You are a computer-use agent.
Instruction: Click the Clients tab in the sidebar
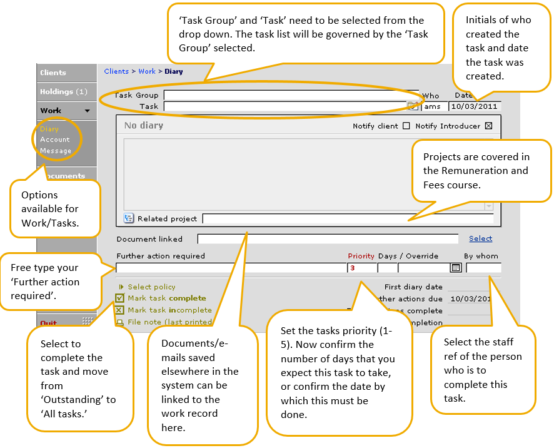click(x=53, y=73)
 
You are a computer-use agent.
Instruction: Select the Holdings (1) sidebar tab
click(x=63, y=92)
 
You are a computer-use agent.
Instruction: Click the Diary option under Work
click(x=49, y=129)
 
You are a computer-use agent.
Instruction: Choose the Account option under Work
click(x=55, y=140)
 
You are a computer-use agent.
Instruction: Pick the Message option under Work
click(x=56, y=151)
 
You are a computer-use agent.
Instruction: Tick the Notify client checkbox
click(x=406, y=126)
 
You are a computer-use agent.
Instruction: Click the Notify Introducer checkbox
click(x=489, y=126)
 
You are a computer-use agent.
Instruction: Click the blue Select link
click(x=480, y=238)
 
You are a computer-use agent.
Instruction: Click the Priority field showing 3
click(x=361, y=268)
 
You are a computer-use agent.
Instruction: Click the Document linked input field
click(x=328, y=239)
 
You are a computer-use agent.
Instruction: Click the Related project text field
click(x=348, y=218)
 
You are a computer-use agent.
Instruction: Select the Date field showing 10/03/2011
click(x=475, y=106)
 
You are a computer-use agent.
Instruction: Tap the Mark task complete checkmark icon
click(x=119, y=298)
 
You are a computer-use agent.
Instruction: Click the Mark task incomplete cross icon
click(x=119, y=310)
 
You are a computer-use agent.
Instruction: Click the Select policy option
click(x=151, y=287)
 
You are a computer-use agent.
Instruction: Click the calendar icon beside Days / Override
click(x=456, y=268)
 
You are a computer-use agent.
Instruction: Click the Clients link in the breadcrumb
click(x=116, y=71)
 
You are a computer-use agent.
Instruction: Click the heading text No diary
click(x=143, y=125)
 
